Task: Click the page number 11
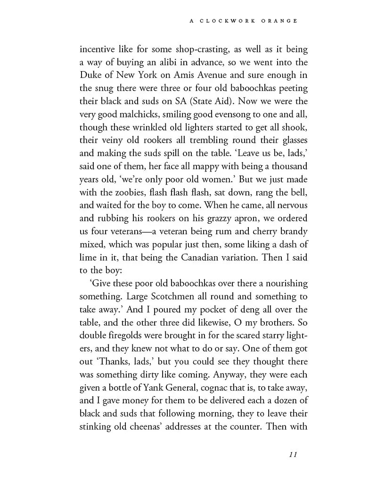click(292, 455)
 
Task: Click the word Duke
click(90, 75)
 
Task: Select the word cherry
click(258, 231)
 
